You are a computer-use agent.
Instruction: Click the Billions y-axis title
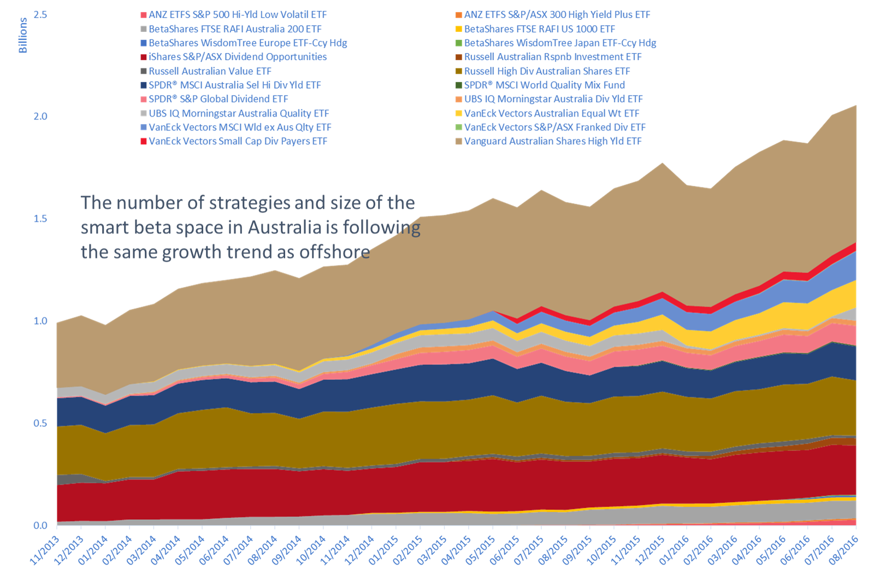(23, 36)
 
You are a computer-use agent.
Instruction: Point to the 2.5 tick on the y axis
(40, 14)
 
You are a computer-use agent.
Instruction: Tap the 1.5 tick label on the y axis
(40, 219)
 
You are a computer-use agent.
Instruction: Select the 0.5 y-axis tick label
(40, 423)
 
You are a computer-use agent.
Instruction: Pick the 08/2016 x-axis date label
(845, 549)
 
